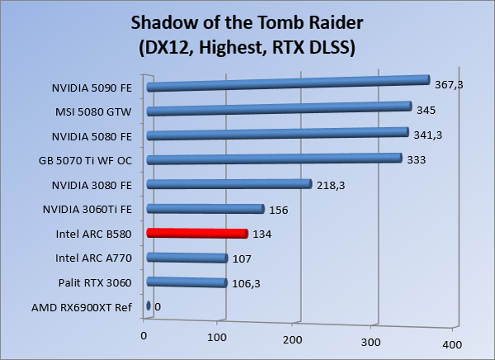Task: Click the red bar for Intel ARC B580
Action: pyautogui.click(x=196, y=234)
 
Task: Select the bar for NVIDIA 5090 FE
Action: pyautogui.click(x=288, y=83)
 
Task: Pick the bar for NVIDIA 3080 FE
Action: pyautogui.click(x=228, y=184)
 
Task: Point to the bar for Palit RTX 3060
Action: pyautogui.click(x=186, y=283)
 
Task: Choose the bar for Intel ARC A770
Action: pyautogui.click(x=186, y=258)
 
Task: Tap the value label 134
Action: pyautogui.click(x=262, y=234)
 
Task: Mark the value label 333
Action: pyautogui.click(x=417, y=159)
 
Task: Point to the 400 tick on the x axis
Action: pyautogui.click(x=449, y=343)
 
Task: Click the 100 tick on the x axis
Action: pyautogui.click(x=218, y=339)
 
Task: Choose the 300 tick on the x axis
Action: pyautogui.click(x=371, y=342)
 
